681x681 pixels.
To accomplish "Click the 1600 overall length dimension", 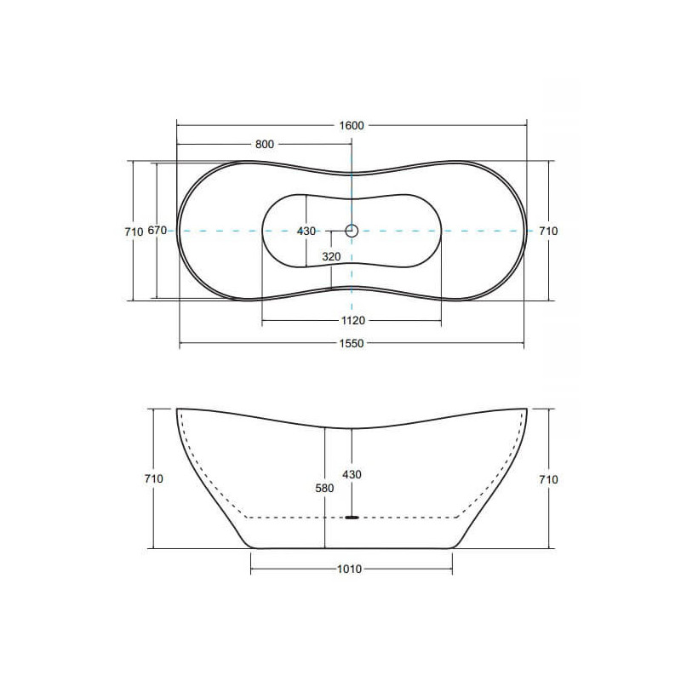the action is click(352, 125).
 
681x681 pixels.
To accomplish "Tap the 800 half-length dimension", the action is click(265, 144).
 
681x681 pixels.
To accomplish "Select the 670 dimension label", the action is click(157, 230).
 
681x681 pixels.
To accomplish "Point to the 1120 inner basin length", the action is click(353, 321).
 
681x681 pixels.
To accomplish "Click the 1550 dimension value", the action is click(352, 344).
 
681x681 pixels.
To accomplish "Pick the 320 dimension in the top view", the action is click(331, 257).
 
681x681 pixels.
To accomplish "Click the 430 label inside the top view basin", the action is click(306, 232).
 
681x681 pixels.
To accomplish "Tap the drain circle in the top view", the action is click(352, 231).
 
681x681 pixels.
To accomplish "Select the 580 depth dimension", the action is click(324, 488).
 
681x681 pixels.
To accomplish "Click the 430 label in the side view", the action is click(352, 475).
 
